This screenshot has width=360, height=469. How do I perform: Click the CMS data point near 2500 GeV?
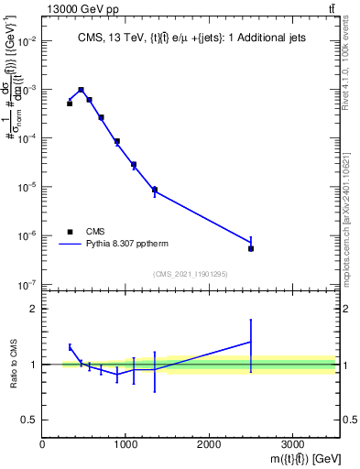pos(251,248)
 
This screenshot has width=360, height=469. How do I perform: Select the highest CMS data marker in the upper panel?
pos(82,90)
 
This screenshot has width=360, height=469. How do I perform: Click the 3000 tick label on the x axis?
pos(292,444)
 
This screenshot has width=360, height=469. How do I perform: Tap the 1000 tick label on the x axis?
pos(125,444)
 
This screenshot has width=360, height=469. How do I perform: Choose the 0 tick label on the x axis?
pos(42,444)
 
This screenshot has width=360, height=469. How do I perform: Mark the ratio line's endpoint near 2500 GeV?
pos(251,342)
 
